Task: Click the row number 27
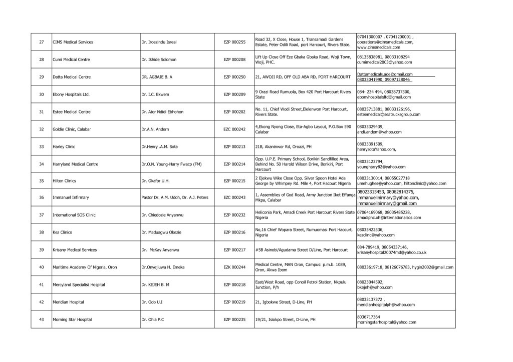[41, 41]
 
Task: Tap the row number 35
[41, 181]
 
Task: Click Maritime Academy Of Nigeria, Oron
[85, 267]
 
